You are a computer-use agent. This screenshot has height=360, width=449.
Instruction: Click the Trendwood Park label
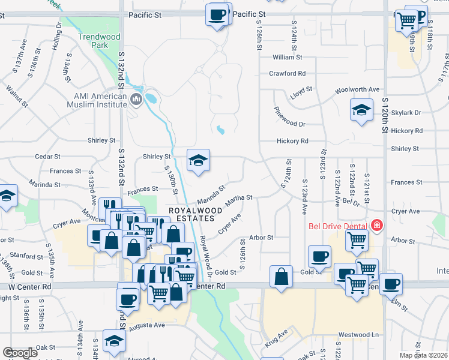(x=99, y=41)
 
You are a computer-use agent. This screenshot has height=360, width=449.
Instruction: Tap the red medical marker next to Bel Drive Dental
(x=377, y=226)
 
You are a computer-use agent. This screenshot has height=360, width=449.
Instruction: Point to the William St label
(x=287, y=58)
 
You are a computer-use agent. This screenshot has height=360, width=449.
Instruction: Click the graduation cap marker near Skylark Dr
(x=361, y=110)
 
